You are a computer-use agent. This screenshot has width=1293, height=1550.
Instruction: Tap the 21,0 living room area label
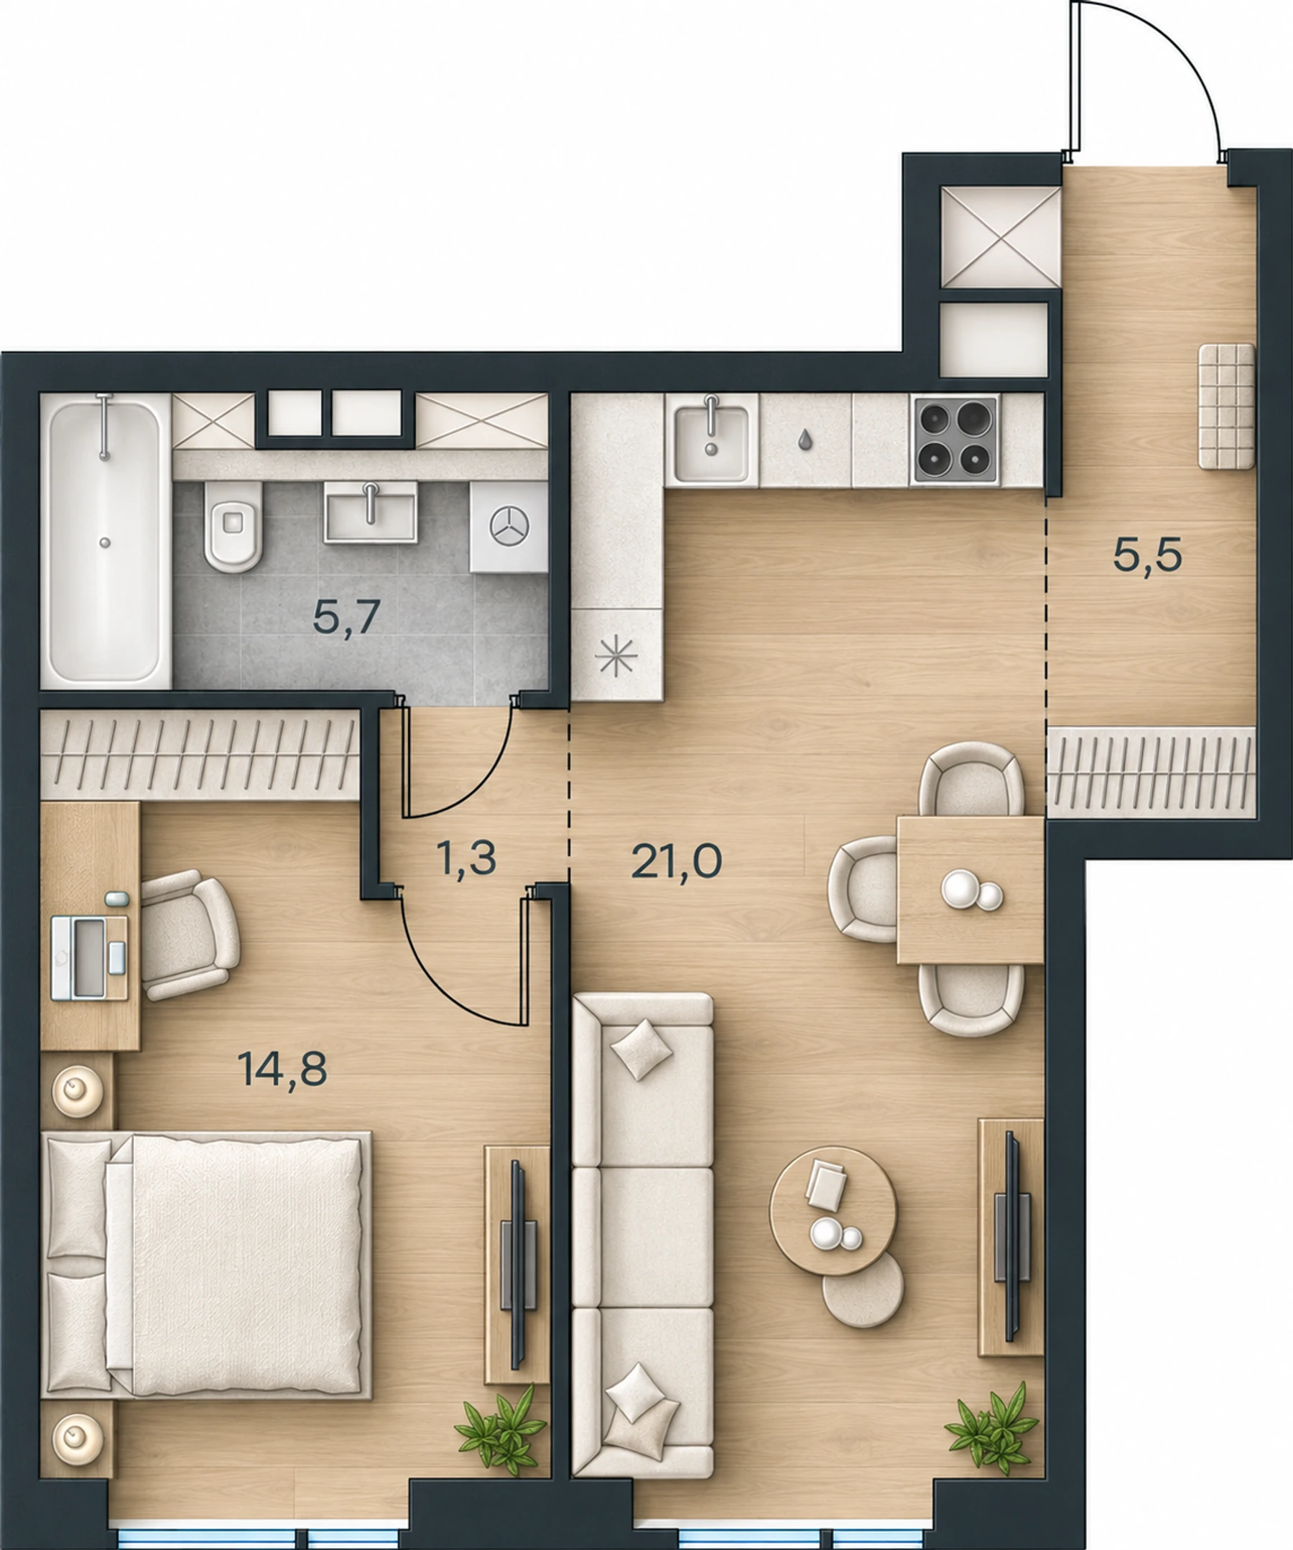click(676, 860)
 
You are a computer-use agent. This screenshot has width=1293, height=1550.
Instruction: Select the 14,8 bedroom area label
click(282, 1069)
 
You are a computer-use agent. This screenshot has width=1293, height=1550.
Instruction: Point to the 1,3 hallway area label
click(465, 858)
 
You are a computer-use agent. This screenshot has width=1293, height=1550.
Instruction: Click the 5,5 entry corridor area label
click(1148, 555)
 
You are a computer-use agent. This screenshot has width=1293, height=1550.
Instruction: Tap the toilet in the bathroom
click(233, 527)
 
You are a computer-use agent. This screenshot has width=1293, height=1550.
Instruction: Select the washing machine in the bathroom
click(509, 527)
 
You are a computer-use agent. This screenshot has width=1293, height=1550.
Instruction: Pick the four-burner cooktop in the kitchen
click(954, 440)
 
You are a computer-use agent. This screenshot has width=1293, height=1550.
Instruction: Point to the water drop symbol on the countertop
click(805, 439)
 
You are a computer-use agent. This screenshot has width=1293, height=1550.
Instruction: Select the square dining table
click(970, 889)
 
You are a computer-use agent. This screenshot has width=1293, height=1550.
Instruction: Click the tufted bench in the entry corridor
click(1226, 406)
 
